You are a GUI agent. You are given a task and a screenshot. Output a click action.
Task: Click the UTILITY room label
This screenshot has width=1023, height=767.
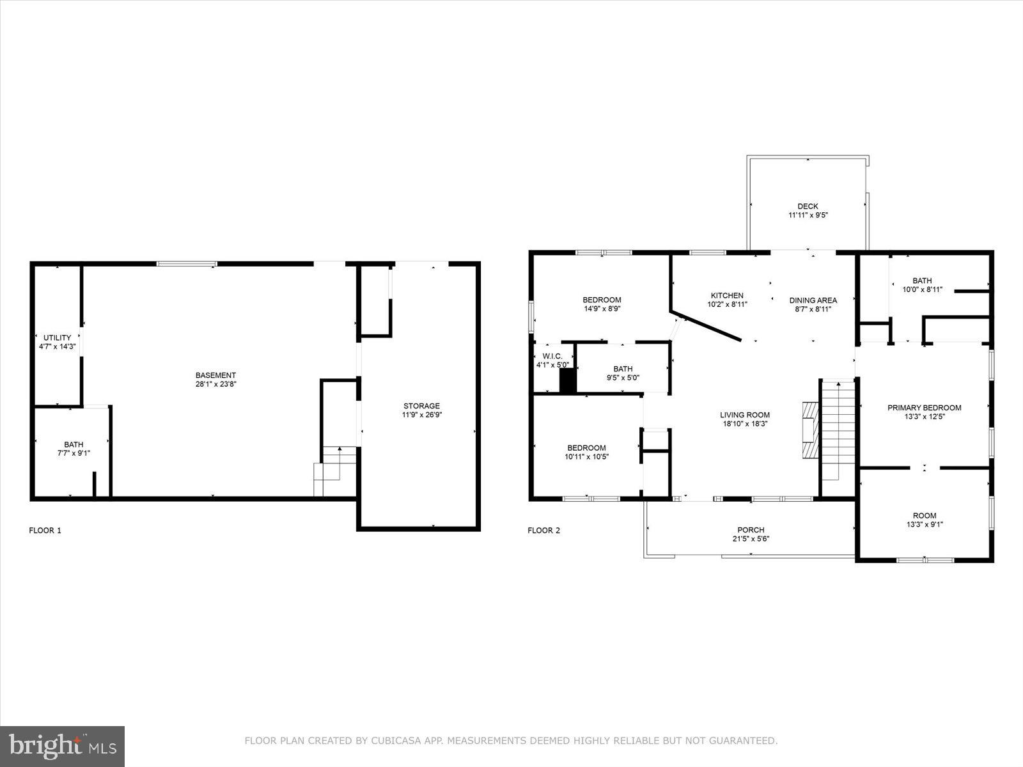point(57,337)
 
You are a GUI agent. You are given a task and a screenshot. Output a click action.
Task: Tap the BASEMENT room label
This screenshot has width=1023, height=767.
point(215,375)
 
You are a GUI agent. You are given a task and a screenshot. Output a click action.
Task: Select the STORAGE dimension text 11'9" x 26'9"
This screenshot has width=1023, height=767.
point(421,415)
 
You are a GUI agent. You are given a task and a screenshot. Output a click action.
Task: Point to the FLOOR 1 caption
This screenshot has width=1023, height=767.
point(45,530)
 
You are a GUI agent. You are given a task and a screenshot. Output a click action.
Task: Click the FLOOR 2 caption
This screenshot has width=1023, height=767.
point(543,530)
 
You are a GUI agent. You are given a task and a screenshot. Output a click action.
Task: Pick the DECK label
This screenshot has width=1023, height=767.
point(808,206)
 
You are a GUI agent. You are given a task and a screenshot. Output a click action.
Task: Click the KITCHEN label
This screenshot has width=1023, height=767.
point(727,295)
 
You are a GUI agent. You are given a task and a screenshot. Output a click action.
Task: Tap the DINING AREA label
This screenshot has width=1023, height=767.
point(813,300)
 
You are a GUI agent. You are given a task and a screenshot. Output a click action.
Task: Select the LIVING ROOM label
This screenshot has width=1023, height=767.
point(745,415)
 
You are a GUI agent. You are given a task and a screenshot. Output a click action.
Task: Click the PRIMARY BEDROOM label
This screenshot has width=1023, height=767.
point(924,408)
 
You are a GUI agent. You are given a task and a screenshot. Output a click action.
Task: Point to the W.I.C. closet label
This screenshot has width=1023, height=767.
point(552,356)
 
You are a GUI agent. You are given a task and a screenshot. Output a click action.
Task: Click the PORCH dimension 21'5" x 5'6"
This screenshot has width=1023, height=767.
point(751,539)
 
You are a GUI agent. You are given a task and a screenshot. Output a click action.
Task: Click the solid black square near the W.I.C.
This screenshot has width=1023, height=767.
point(568,380)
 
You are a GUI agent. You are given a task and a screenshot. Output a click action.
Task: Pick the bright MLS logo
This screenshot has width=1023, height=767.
point(63,746)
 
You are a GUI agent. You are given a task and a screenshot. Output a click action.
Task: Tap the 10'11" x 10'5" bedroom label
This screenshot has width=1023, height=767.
point(586,456)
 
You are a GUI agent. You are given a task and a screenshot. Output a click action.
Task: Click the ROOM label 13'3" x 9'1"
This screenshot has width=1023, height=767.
point(924,515)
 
